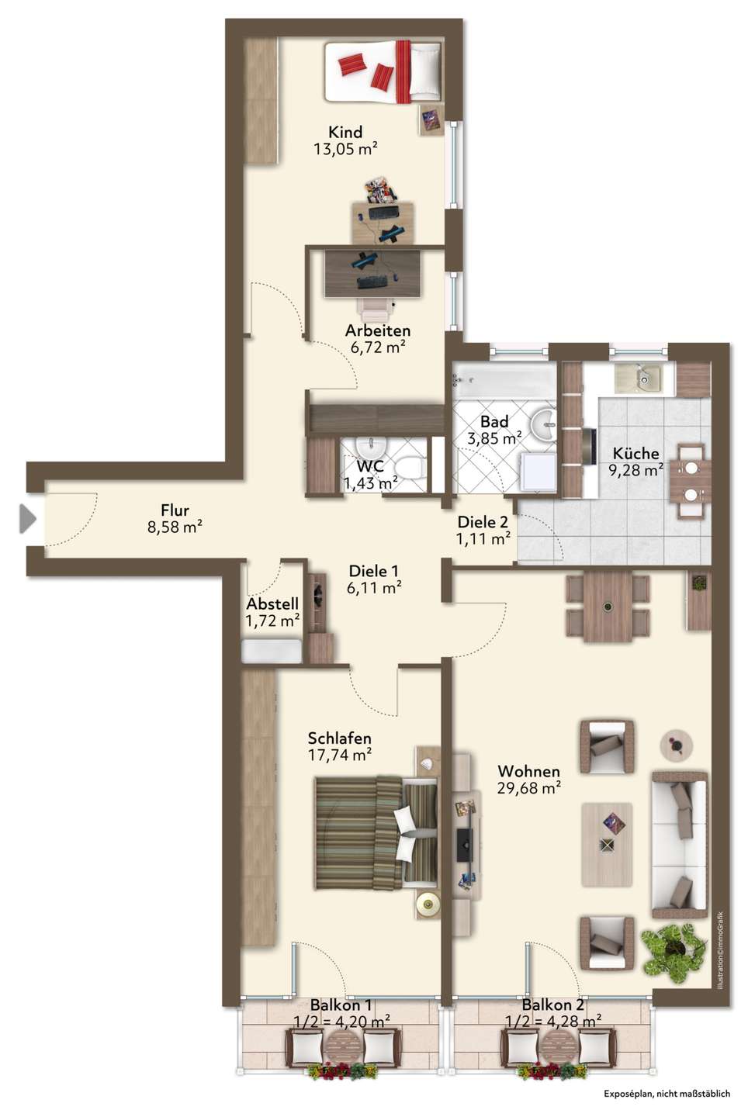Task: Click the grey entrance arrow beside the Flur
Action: (27, 519)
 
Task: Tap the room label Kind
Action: (345, 132)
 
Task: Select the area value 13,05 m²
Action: (345, 149)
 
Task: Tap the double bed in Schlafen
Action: (376, 832)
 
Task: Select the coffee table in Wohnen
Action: (607, 844)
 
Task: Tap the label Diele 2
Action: (483, 521)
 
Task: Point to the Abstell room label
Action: (272, 603)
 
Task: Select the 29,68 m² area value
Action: (529, 788)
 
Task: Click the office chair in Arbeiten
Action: (377, 310)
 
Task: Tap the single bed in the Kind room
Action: (383, 72)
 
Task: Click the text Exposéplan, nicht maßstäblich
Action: (667, 1094)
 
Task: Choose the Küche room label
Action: (635, 453)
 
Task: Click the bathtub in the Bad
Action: (504, 381)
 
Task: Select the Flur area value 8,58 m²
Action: (175, 527)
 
